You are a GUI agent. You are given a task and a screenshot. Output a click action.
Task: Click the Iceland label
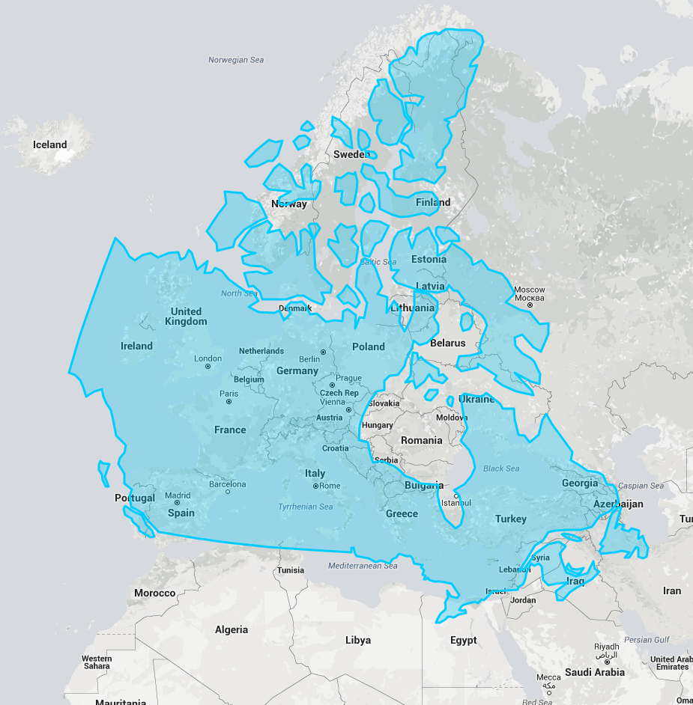pos(49,144)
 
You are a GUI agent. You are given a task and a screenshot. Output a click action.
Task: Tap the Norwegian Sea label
pos(236,60)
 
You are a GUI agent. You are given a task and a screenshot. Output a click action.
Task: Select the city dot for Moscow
pos(530,305)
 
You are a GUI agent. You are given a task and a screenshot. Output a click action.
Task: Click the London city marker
pos(208,366)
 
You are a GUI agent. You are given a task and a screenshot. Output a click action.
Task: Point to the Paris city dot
pos(229,401)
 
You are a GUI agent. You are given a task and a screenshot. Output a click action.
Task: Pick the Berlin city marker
pos(323,352)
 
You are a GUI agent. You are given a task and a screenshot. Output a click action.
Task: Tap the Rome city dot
pos(315,486)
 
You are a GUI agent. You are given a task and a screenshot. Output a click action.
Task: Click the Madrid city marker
pos(178,502)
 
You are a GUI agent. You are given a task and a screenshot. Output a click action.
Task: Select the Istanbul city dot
pos(456,495)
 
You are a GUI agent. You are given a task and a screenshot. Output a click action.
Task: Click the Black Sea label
pos(501,469)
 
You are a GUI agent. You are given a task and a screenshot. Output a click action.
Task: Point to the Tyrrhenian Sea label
pos(306,507)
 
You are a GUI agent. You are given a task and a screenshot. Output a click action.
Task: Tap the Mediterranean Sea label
pos(363,566)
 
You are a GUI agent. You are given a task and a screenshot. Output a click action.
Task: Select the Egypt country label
pos(463,640)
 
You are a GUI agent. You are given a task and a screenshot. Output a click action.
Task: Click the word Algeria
pos(231,629)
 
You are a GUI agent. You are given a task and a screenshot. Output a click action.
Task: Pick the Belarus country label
pos(448,343)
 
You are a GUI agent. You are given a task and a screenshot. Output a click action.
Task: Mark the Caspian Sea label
pos(641,486)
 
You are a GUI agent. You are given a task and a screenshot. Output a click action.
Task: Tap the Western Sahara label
pos(97,662)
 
